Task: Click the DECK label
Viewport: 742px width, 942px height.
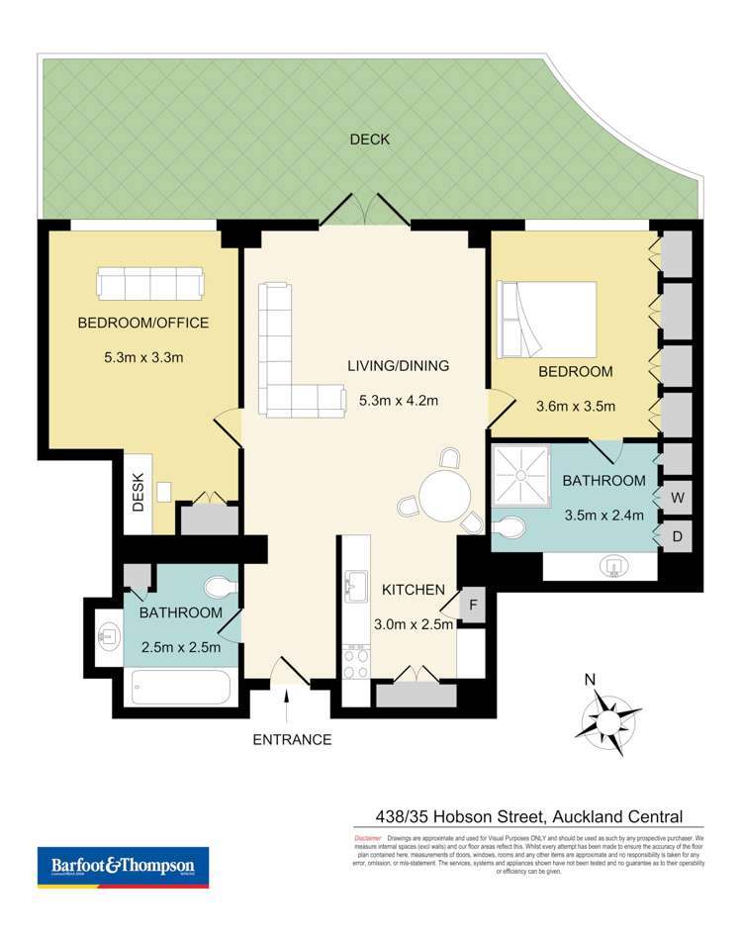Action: click(369, 140)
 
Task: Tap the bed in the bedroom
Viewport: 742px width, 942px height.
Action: click(549, 319)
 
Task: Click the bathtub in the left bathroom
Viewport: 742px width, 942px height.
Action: click(179, 686)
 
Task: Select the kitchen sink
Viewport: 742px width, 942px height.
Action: click(355, 589)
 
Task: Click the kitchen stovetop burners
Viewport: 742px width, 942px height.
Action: click(355, 660)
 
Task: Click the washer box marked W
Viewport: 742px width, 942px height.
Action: click(677, 496)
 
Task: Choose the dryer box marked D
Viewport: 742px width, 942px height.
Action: click(677, 535)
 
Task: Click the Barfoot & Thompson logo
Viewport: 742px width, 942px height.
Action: click(123, 867)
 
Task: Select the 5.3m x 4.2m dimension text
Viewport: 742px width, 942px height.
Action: click(399, 401)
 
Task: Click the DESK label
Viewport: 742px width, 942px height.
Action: click(138, 492)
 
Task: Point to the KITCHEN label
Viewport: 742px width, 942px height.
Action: click(414, 590)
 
